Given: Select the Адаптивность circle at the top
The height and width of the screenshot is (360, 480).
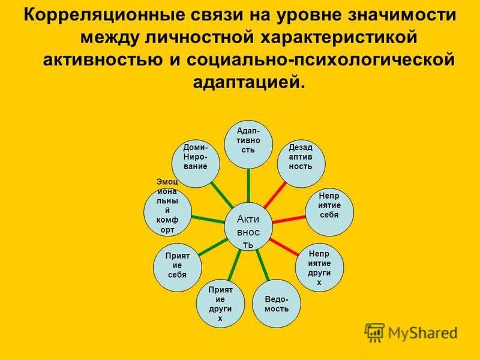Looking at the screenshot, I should click(248, 144).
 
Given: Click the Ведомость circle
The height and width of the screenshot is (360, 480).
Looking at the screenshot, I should click(277, 303).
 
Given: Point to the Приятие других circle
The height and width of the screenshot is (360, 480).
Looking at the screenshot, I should click(220, 304).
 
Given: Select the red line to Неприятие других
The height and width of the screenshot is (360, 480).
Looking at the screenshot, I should click(284, 245).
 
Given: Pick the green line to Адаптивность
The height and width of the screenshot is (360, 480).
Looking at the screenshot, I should click(248, 186).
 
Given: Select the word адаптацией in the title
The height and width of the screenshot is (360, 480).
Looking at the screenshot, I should click(249, 82).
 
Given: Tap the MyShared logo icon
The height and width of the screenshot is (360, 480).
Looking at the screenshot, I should click(374, 331).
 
